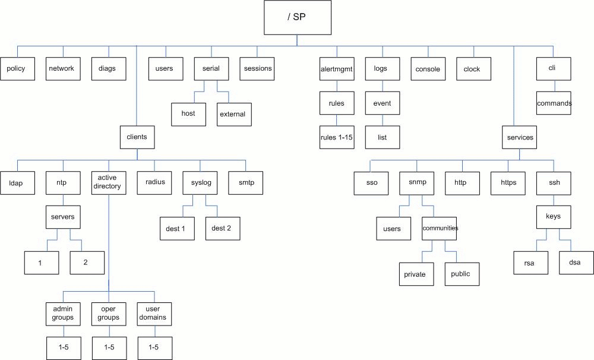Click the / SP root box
pos(298,17)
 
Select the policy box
pos(17,68)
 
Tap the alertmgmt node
pos(337,68)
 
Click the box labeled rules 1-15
pos(337,137)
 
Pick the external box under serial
pos(234,115)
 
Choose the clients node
pos(137,137)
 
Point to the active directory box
pos(109,183)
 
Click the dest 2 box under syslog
pos(223,229)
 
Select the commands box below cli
pos(554,103)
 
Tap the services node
pos(519,137)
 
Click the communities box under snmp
pos(439,229)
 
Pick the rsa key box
pos(530,263)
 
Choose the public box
pos(462,274)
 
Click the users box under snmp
pos(394,229)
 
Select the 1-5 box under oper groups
pos(109,348)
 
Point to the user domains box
pos(154,314)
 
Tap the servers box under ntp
pos(63,217)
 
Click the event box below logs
pos(382,103)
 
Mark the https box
pos(508,184)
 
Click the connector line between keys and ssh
pos(554,200)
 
